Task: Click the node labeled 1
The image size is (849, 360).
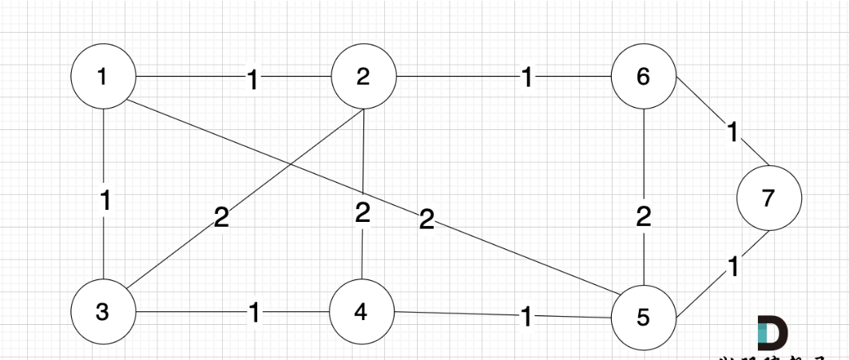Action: point(103,77)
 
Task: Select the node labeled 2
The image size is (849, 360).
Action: point(363,77)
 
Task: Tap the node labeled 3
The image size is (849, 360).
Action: point(103,311)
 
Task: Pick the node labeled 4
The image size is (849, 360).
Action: point(362,311)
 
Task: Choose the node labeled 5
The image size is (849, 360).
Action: point(644,317)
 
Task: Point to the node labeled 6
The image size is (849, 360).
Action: point(644,77)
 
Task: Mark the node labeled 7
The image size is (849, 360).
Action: point(768,198)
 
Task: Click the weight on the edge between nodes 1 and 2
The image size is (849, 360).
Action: point(253,79)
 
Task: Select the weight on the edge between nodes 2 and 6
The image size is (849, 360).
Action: point(526,78)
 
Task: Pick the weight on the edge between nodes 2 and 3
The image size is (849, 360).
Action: point(221,217)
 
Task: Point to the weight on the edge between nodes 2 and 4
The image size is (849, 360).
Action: point(363,212)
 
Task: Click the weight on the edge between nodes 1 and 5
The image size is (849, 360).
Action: point(426,220)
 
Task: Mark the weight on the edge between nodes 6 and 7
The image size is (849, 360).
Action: point(732,133)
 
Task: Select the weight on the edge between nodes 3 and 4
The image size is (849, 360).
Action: point(254,313)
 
